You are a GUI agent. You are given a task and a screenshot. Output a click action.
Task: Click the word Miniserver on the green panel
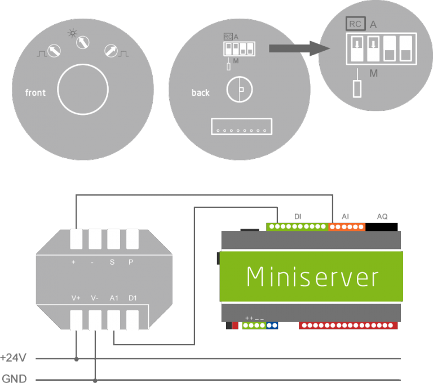pyautogui.click(x=312, y=277)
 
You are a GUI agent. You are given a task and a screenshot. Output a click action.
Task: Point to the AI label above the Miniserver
pyautogui.click(x=345, y=216)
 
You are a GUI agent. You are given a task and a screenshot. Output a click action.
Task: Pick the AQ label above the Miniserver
pyautogui.click(x=382, y=216)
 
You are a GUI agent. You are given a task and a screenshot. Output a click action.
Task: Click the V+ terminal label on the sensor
pyautogui.click(x=76, y=297)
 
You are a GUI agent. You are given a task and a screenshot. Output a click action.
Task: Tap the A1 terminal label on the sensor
pyautogui.click(x=113, y=297)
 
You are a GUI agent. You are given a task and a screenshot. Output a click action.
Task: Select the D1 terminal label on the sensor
pyautogui.click(x=132, y=297)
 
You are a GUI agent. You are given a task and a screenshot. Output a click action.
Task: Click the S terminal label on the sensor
pyautogui.click(x=113, y=262)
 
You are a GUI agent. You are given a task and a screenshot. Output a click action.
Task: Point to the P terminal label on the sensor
pyautogui.click(x=131, y=262)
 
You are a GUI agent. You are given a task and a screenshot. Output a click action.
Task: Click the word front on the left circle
pyautogui.click(x=36, y=92)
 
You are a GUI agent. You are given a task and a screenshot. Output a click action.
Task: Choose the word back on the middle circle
pyautogui.click(x=200, y=92)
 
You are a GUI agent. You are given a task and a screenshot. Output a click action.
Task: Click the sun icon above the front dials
pyautogui.click(x=72, y=33)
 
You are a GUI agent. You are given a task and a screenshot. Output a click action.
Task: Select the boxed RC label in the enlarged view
pyautogui.click(x=355, y=24)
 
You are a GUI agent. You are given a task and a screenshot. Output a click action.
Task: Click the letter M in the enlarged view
pyautogui.click(x=373, y=74)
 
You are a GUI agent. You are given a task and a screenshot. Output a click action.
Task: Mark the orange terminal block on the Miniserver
pyautogui.click(x=347, y=227)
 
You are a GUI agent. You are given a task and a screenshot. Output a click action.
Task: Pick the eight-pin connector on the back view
pyautogui.click(x=241, y=126)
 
